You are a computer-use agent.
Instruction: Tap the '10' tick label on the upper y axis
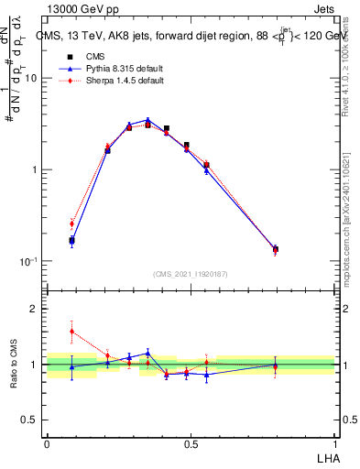coord(30,79)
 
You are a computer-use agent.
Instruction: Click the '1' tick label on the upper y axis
coord(34,170)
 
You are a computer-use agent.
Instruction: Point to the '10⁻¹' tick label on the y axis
coord(27,262)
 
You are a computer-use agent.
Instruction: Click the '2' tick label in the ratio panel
coord(34,310)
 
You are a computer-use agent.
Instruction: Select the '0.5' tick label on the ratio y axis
coord(29,420)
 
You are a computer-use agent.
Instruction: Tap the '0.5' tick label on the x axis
coord(191,443)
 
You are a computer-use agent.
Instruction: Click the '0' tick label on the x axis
coord(47,443)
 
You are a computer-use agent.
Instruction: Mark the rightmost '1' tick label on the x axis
coord(335,443)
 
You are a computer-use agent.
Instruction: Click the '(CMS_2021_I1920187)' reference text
coord(191,274)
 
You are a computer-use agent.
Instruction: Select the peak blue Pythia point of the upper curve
coord(147,120)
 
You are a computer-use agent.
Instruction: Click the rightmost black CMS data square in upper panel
coord(275,249)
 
